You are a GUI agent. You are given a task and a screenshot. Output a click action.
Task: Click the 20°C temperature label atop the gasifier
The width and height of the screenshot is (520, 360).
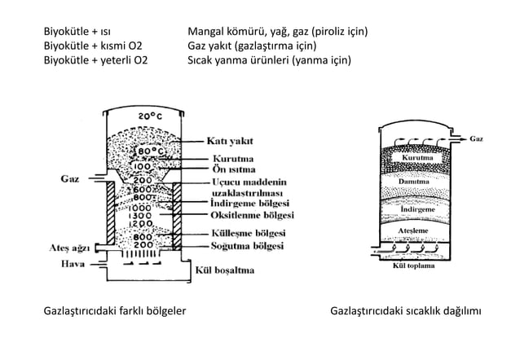(x=148, y=117)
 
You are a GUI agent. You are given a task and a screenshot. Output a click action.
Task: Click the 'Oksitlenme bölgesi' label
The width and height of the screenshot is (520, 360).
(x=253, y=215)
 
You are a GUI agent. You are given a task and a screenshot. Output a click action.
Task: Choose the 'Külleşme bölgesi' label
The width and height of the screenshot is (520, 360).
(x=249, y=233)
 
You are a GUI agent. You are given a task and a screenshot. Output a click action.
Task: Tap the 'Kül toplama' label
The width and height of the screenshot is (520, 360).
(x=414, y=266)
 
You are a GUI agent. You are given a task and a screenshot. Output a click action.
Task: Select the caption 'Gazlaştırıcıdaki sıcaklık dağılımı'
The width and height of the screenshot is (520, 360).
(x=406, y=311)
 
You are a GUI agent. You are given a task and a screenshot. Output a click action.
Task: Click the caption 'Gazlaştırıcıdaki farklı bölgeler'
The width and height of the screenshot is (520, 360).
(x=113, y=311)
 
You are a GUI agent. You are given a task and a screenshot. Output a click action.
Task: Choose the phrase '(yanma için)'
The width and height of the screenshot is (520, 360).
(x=321, y=60)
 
